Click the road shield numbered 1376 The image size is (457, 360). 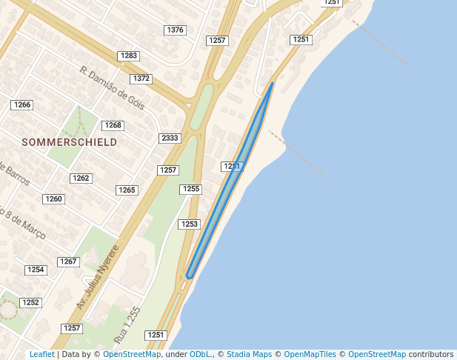(176, 30)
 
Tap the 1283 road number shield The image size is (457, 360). (129, 56)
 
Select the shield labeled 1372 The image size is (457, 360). (141, 79)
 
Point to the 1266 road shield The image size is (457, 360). (21, 105)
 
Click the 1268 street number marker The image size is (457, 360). (112, 125)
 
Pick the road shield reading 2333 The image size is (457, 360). (170, 139)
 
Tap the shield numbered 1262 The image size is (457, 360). (81, 178)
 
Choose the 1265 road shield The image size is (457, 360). (127, 190)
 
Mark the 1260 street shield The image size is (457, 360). (53, 199)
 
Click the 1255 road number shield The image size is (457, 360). (190, 190)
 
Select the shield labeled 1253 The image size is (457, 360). (189, 224)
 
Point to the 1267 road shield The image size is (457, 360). (68, 261)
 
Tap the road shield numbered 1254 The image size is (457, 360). (36, 270)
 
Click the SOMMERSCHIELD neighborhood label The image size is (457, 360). (69, 141)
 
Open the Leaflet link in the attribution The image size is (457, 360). (41, 354)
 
